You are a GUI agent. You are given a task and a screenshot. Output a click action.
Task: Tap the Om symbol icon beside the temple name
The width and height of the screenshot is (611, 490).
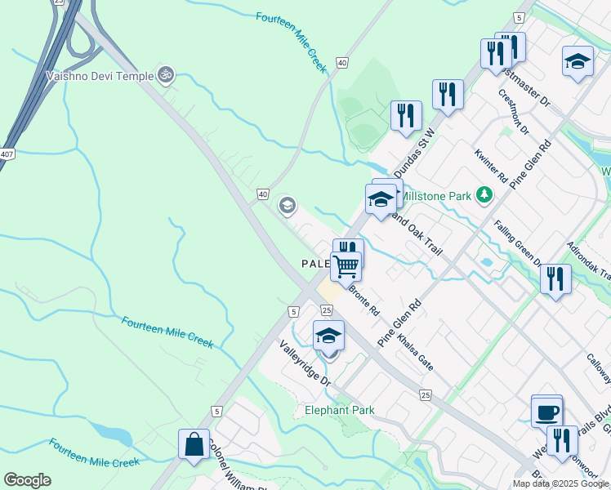tap(165, 75)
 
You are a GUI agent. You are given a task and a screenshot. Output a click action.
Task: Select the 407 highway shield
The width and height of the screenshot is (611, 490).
tap(7, 154)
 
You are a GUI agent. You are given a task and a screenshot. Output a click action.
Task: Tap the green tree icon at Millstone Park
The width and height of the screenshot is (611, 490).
tap(485, 194)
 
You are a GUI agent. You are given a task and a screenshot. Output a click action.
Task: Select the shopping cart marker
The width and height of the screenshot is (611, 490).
tap(346, 265)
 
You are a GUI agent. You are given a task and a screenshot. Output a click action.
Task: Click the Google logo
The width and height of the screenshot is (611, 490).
tap(27, 480)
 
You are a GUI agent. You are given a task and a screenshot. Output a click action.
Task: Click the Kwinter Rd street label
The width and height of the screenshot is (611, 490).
tap(491, 165)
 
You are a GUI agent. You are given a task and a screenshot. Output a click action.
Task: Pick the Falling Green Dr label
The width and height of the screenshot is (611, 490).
tap(517, 246)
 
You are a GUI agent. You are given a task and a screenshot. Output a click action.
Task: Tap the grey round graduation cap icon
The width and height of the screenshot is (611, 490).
tap(287, 205)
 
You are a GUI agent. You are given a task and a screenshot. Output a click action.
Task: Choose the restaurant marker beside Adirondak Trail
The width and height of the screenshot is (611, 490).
tap(555, 278)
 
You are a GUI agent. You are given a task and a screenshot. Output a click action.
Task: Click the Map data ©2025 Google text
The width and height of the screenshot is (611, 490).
tap(561, 483)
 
